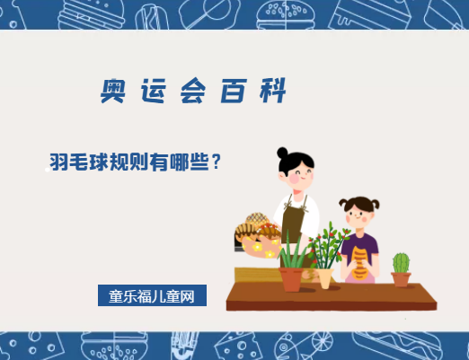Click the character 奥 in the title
(x=115, y=91)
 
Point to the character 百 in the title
(x=232, y=92)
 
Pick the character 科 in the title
(x=270, y=92)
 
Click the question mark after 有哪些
(x=215, y=163)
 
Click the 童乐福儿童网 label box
(x=152, y=295)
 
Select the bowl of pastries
(x=256, y=237)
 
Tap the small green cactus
(x=401, y=262)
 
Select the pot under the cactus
(x=401, y=278)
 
